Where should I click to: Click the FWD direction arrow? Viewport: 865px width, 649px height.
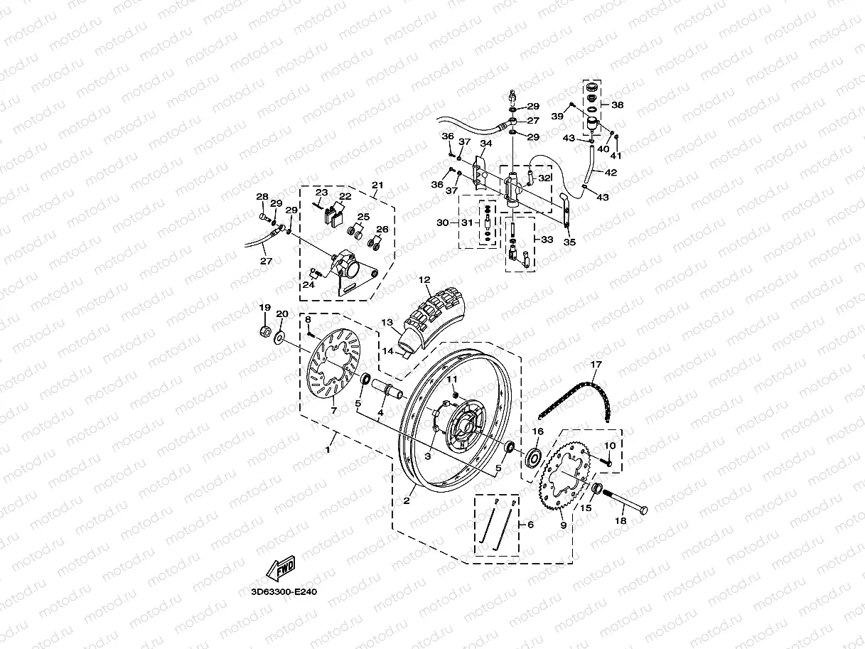[x=281, y=569]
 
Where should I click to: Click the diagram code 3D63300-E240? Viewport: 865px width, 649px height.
[x=283, y=591]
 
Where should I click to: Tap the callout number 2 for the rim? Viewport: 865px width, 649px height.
[x=407, y=501]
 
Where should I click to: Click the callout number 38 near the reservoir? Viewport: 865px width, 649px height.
[x=618, y=104]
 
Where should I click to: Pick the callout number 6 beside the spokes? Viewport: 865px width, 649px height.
[x=530, y=525]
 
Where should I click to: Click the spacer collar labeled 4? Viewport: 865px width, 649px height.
[x=388, y=390]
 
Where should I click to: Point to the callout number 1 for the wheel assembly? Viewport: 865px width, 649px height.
[x=328, y=450]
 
